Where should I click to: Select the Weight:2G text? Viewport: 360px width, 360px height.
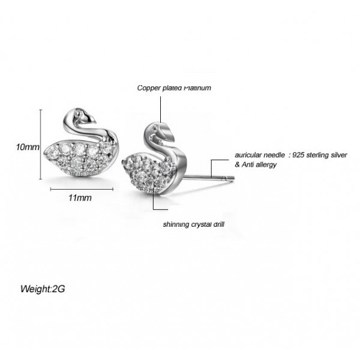click(43, 289)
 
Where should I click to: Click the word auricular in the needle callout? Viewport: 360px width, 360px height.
click(247, 154)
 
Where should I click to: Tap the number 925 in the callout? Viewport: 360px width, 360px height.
click(297, 154)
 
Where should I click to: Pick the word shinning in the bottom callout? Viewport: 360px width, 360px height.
click(176, 226)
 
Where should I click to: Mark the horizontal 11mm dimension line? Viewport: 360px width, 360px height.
click(81, 188)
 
